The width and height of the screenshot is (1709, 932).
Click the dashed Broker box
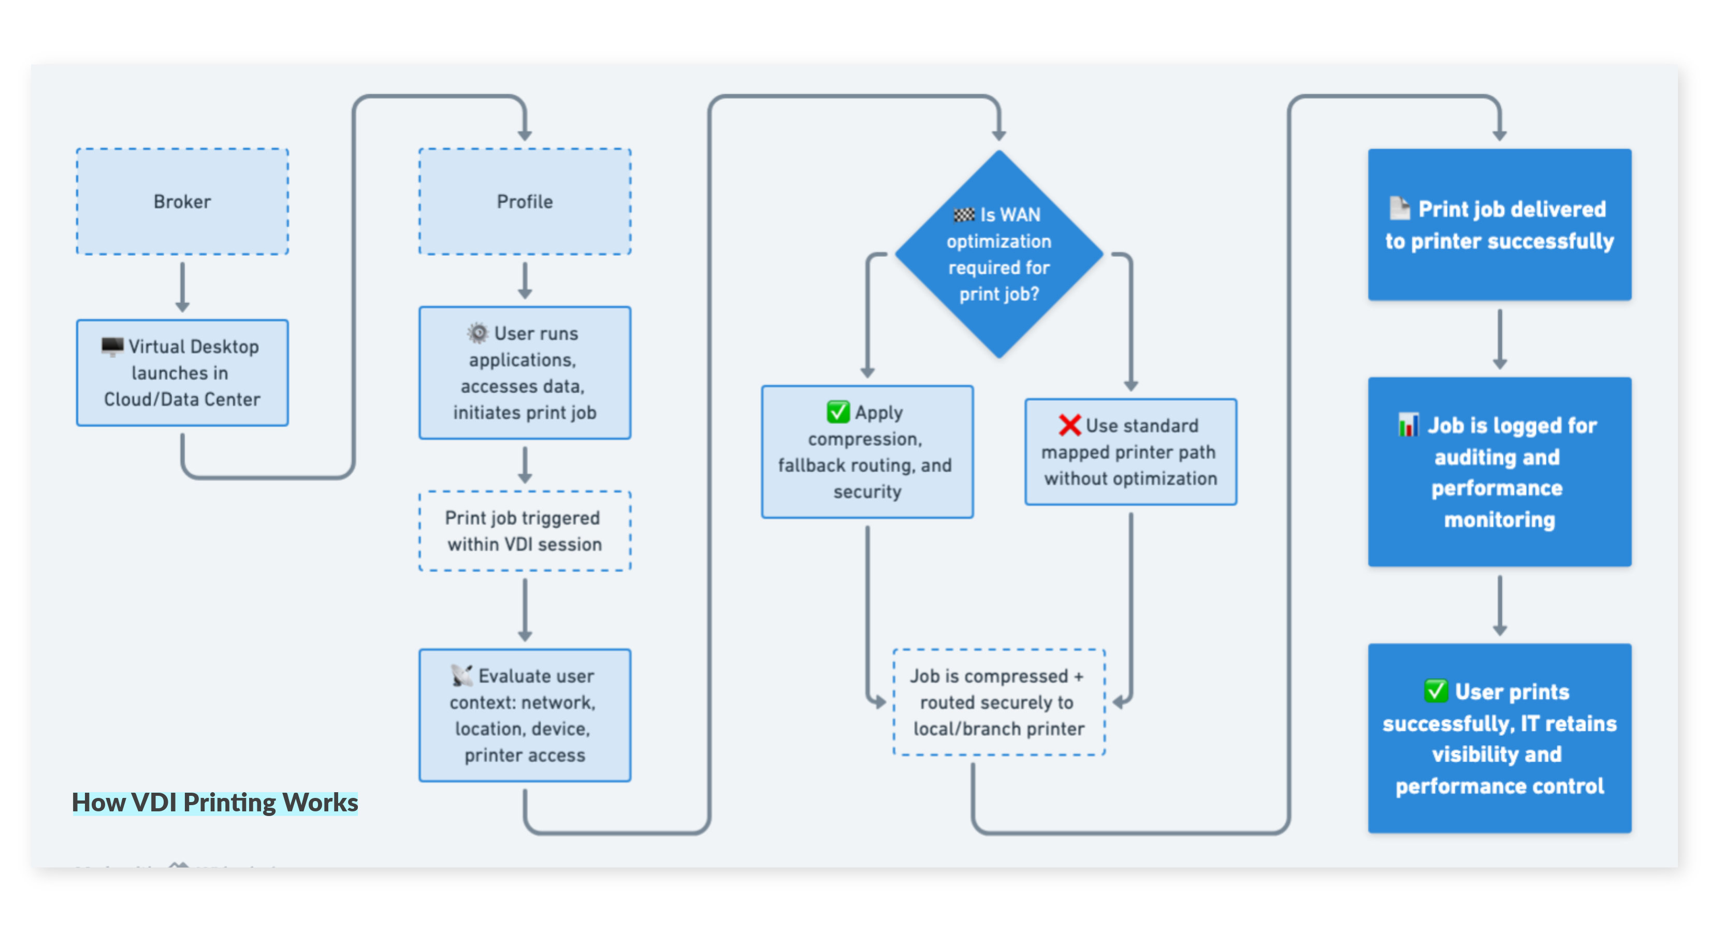(x=182, y=201)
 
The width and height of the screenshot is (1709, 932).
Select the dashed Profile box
(x=524, y=201)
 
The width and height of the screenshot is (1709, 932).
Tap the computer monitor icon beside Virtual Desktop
(x=112, y=346)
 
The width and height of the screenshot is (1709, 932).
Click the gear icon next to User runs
(x=477, y=332)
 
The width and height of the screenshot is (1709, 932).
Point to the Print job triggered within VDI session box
(x=524, y=531)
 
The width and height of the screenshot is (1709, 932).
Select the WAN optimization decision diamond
(x=998, y=254)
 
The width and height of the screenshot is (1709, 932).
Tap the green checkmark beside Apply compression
(x=838, y=412)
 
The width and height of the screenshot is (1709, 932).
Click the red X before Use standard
(x=1069, y=425)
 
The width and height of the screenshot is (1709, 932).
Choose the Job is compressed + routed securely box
(x=998, y=702)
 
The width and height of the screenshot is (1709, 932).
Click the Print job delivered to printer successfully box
(x=1499, y=224)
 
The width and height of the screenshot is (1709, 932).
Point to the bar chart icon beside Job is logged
(x=1408, y=425)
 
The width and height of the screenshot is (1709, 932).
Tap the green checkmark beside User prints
(x=1436, y=691)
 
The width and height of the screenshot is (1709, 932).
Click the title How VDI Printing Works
(x=214, y=803)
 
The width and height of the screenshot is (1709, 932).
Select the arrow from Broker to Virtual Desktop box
(x=182, y=286)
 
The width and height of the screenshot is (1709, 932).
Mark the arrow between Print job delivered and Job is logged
(x=1499, y=338)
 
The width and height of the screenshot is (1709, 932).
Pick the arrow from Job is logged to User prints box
(x=1499, y=605)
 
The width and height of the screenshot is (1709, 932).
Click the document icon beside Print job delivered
(x=1399, y=208)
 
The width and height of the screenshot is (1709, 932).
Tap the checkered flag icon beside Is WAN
(x=963, y=215)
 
